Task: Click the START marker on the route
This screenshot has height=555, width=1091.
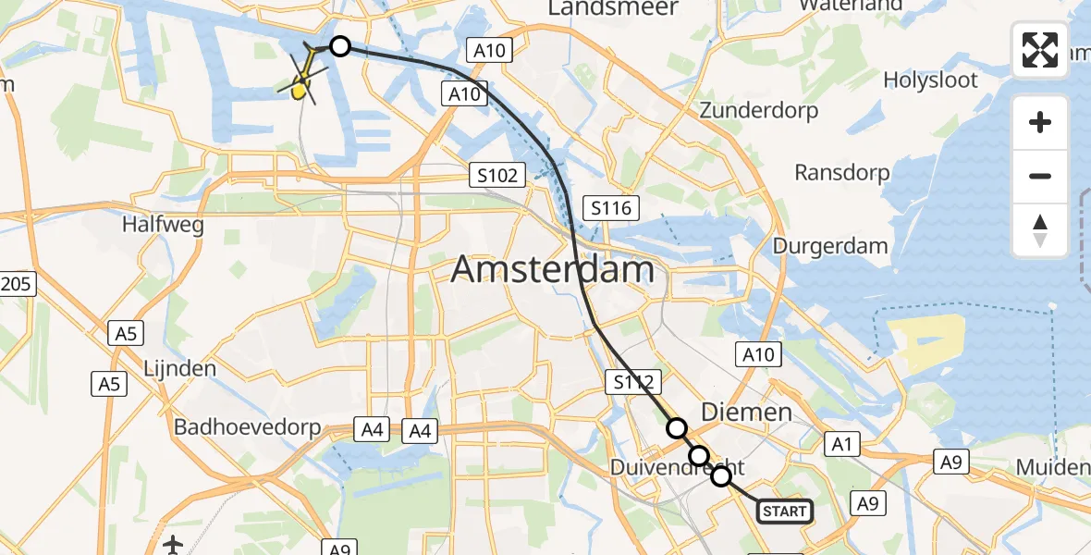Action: pos(785,512)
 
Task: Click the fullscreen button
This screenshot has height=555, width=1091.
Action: pos(1040,50)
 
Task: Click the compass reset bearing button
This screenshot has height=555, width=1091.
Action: pos(1040,230)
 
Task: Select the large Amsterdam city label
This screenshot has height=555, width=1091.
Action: pos(553,270)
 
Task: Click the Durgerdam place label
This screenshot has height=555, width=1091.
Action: pos(830,247)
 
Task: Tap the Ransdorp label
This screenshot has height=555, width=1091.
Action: pos(842,173)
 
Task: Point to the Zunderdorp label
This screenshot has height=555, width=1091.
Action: pos(759,111)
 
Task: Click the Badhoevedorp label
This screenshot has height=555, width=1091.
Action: pos(247,428)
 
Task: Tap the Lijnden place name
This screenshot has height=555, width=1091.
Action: pos(180,368)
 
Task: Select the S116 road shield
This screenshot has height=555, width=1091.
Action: pos(611,208)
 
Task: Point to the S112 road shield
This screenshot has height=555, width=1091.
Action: pos(633,381)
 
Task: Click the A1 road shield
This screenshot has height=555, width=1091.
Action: pos(840,444)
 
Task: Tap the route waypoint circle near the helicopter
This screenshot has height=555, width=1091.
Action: pos(340,46)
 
